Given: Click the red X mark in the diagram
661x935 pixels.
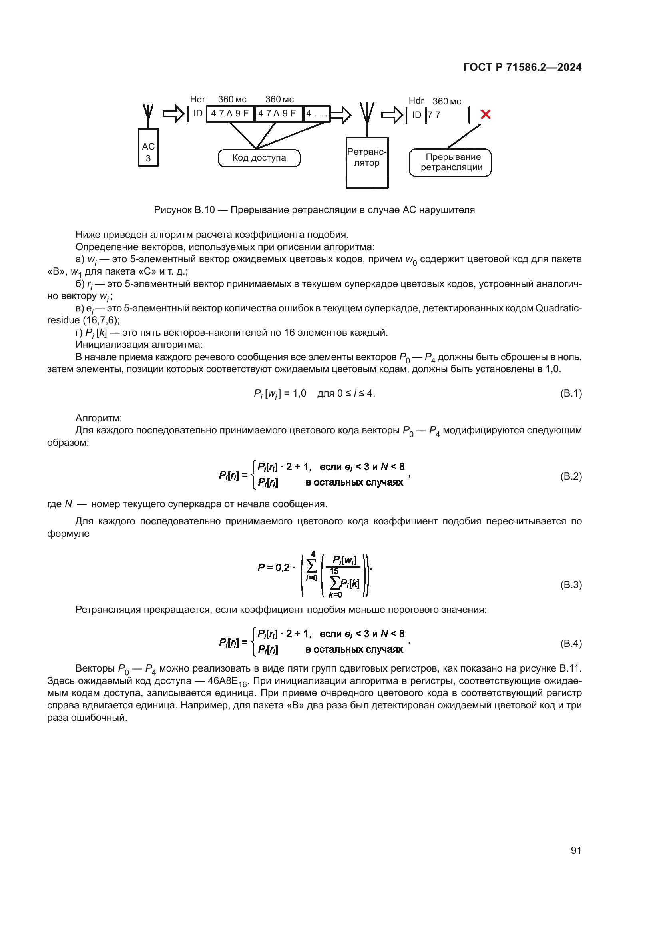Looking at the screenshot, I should coord(485,114).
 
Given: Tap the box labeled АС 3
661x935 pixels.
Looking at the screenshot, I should coord(148,148).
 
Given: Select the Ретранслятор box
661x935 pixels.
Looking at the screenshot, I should coord(367,162).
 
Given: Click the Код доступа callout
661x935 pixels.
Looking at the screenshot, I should coord(259,158).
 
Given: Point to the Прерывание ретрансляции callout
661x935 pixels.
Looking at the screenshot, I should coord(450,162).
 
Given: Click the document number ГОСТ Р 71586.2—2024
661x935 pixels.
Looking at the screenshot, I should coord(522,67).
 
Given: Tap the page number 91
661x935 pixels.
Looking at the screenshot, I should coord(576,850).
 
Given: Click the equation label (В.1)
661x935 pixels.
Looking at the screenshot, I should coord(571,393).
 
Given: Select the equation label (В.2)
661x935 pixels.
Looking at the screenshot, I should coord(571,476).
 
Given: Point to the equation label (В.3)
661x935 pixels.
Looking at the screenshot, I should coord(571,584).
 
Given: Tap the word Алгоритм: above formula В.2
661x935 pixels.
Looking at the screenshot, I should coord(98,418).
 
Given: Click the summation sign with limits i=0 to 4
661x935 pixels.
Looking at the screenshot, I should coord(312,566).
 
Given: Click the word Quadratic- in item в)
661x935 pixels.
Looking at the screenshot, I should coord(558,308).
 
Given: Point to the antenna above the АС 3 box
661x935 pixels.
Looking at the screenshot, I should coord(148,116).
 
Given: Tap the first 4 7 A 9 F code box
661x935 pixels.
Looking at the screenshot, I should coord(229,114).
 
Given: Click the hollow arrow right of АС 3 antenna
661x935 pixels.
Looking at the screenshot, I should coord(173,114).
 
